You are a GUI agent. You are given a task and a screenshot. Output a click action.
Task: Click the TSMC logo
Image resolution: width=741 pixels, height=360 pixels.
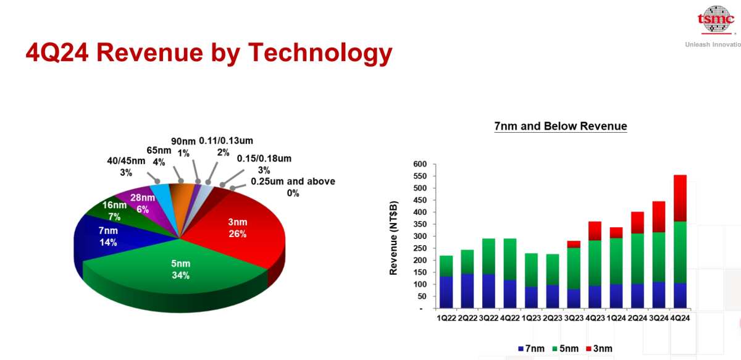pos(716,20)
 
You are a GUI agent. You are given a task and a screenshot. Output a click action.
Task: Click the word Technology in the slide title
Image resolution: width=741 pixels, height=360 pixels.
pos(320,54)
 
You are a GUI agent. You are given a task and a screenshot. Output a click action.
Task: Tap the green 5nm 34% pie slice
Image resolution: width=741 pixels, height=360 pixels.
pos(180,269)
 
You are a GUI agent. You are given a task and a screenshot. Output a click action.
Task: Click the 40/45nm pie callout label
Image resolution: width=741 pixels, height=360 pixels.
pos(126,167)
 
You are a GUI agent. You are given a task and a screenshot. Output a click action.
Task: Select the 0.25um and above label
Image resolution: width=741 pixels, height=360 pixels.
pos(293,187)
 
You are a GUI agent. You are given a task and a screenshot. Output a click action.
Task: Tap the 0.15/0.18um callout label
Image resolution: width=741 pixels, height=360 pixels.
pos(264,164)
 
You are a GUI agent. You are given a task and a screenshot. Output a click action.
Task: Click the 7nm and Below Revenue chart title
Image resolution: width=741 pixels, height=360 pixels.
pos(561,126)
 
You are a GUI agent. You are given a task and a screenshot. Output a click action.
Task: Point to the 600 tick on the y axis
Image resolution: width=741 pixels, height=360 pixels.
pos(420,164)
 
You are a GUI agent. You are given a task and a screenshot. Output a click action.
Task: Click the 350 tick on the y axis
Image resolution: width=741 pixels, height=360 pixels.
pos(420,224)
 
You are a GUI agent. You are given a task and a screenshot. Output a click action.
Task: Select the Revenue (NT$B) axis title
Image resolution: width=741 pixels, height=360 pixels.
pos(393,238)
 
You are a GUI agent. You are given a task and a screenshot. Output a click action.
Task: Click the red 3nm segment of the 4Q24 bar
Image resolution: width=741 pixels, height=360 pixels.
pos(680,198)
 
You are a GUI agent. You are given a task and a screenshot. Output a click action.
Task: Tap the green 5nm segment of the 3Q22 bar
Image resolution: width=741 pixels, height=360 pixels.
pos(488,256)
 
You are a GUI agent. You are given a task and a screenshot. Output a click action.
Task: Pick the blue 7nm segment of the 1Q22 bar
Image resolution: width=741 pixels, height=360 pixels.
pos(446,293)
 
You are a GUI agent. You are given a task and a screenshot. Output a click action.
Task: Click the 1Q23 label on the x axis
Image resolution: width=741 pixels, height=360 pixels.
pos(531,318)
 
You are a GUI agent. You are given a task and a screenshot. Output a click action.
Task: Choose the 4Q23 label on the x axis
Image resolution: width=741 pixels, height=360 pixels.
pos(595,318)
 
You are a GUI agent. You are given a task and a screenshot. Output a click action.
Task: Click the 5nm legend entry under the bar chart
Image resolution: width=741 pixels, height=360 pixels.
pos(566,349)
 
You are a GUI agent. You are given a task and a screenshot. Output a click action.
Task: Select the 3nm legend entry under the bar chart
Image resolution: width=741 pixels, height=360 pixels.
pos(599,349)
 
